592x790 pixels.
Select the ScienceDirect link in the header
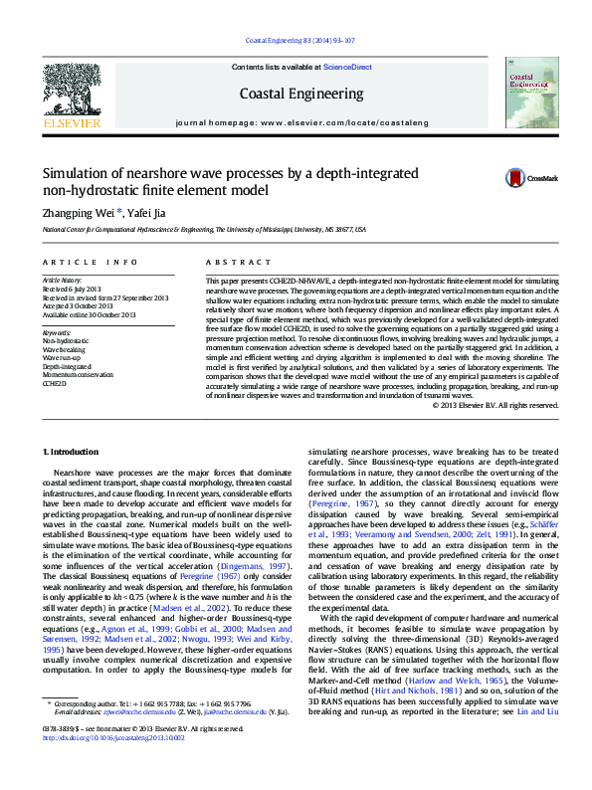[x=347, y=67]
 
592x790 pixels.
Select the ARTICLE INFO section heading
[x=90, y=262]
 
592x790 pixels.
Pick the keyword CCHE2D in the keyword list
[x=54, y=383]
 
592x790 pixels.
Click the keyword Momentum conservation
[x=78, y=374]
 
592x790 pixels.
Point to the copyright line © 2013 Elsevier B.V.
[x=495, y=405]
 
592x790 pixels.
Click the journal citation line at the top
[x=296, y=41]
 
